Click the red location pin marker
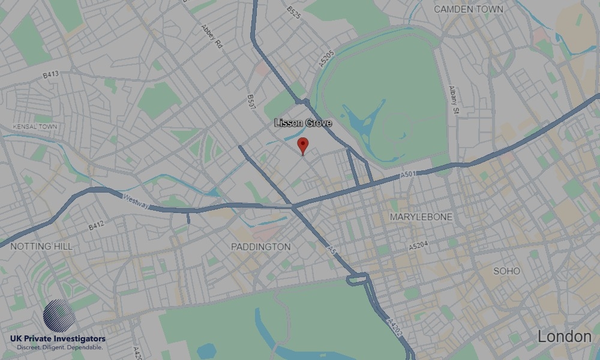[303, 145]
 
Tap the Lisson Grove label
[303, 123]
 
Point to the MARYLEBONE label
[421, 217]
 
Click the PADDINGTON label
[260, 247]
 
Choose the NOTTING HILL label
[41, 246]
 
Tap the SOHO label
[506, 271]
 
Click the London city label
[564, 337]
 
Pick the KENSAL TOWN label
[35, 127]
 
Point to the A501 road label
[408, 175]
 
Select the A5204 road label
[420, 247]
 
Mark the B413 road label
[51, 76]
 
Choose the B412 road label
[97, 226]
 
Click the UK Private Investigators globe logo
[59, 317]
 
